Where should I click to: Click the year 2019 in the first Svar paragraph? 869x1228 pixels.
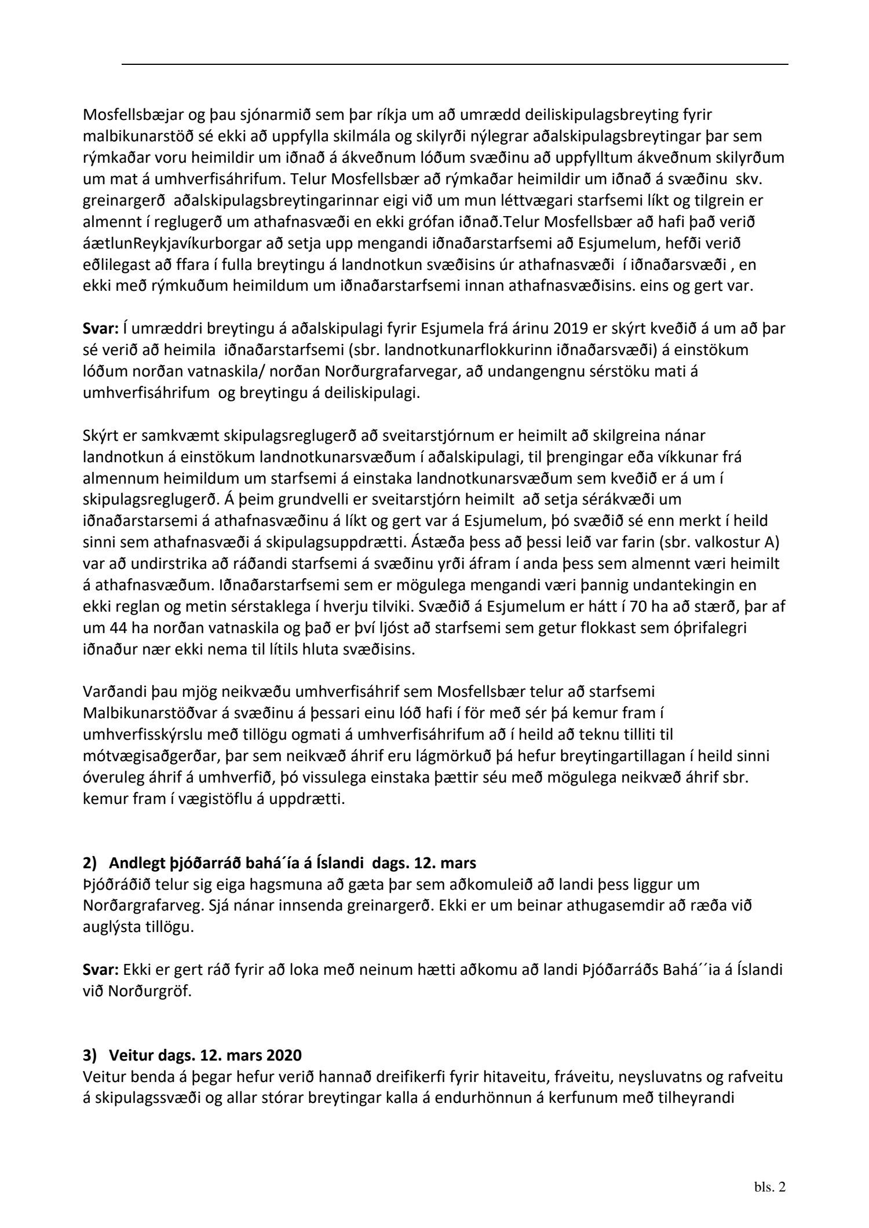coord(571,329)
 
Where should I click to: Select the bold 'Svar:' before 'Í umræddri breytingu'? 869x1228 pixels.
coord(101,329)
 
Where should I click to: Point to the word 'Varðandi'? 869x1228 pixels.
coord(114,692)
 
